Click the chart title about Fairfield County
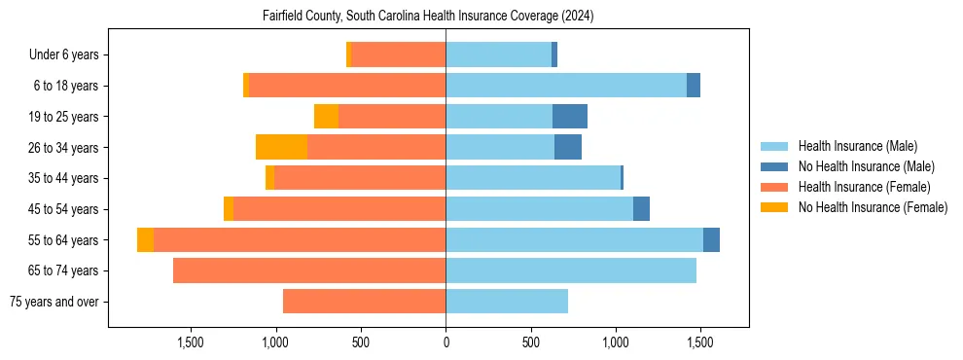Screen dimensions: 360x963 click(x=428, y=17)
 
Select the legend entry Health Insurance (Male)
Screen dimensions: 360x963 click(x=856, y=146)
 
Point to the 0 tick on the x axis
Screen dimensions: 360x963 click(x=446, y=342)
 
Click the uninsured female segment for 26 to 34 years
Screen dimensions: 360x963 click(x=281, y=147)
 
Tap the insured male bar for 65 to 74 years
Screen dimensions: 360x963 click(x=571, y=270)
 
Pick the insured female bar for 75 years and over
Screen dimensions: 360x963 click(x=364, y=302)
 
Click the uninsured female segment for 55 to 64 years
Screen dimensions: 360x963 click(x=145, y=239)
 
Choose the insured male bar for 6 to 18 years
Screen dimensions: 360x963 click(x=566, y=86)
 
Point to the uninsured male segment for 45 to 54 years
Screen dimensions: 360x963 click(x=641, y=209)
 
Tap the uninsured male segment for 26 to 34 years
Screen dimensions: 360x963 click(x=568, y=147)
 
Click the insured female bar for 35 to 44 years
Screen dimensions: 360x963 click(x=360, y=178)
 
